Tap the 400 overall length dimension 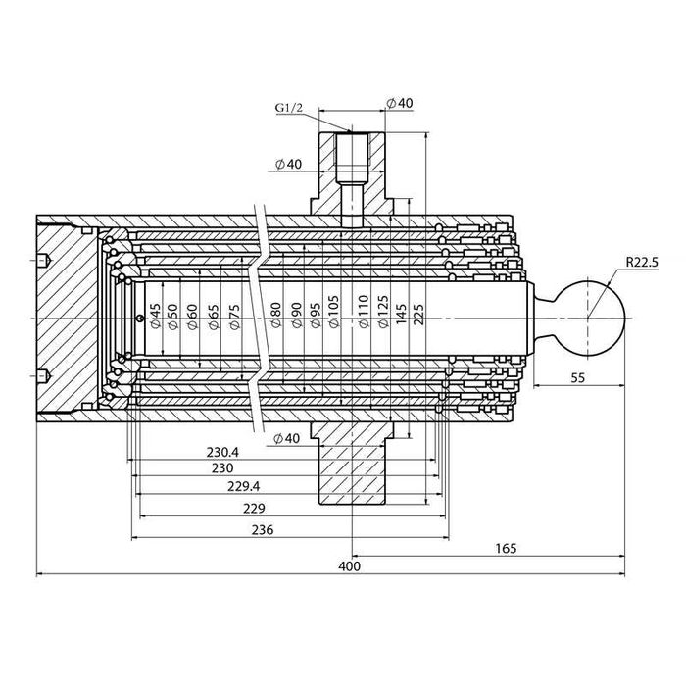[349, 566]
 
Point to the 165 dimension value [505, 548]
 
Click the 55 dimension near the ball [577, 376]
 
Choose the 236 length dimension [261, 529]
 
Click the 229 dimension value [253, 508]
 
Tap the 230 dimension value [234, 469]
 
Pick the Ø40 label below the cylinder [286, 437]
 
